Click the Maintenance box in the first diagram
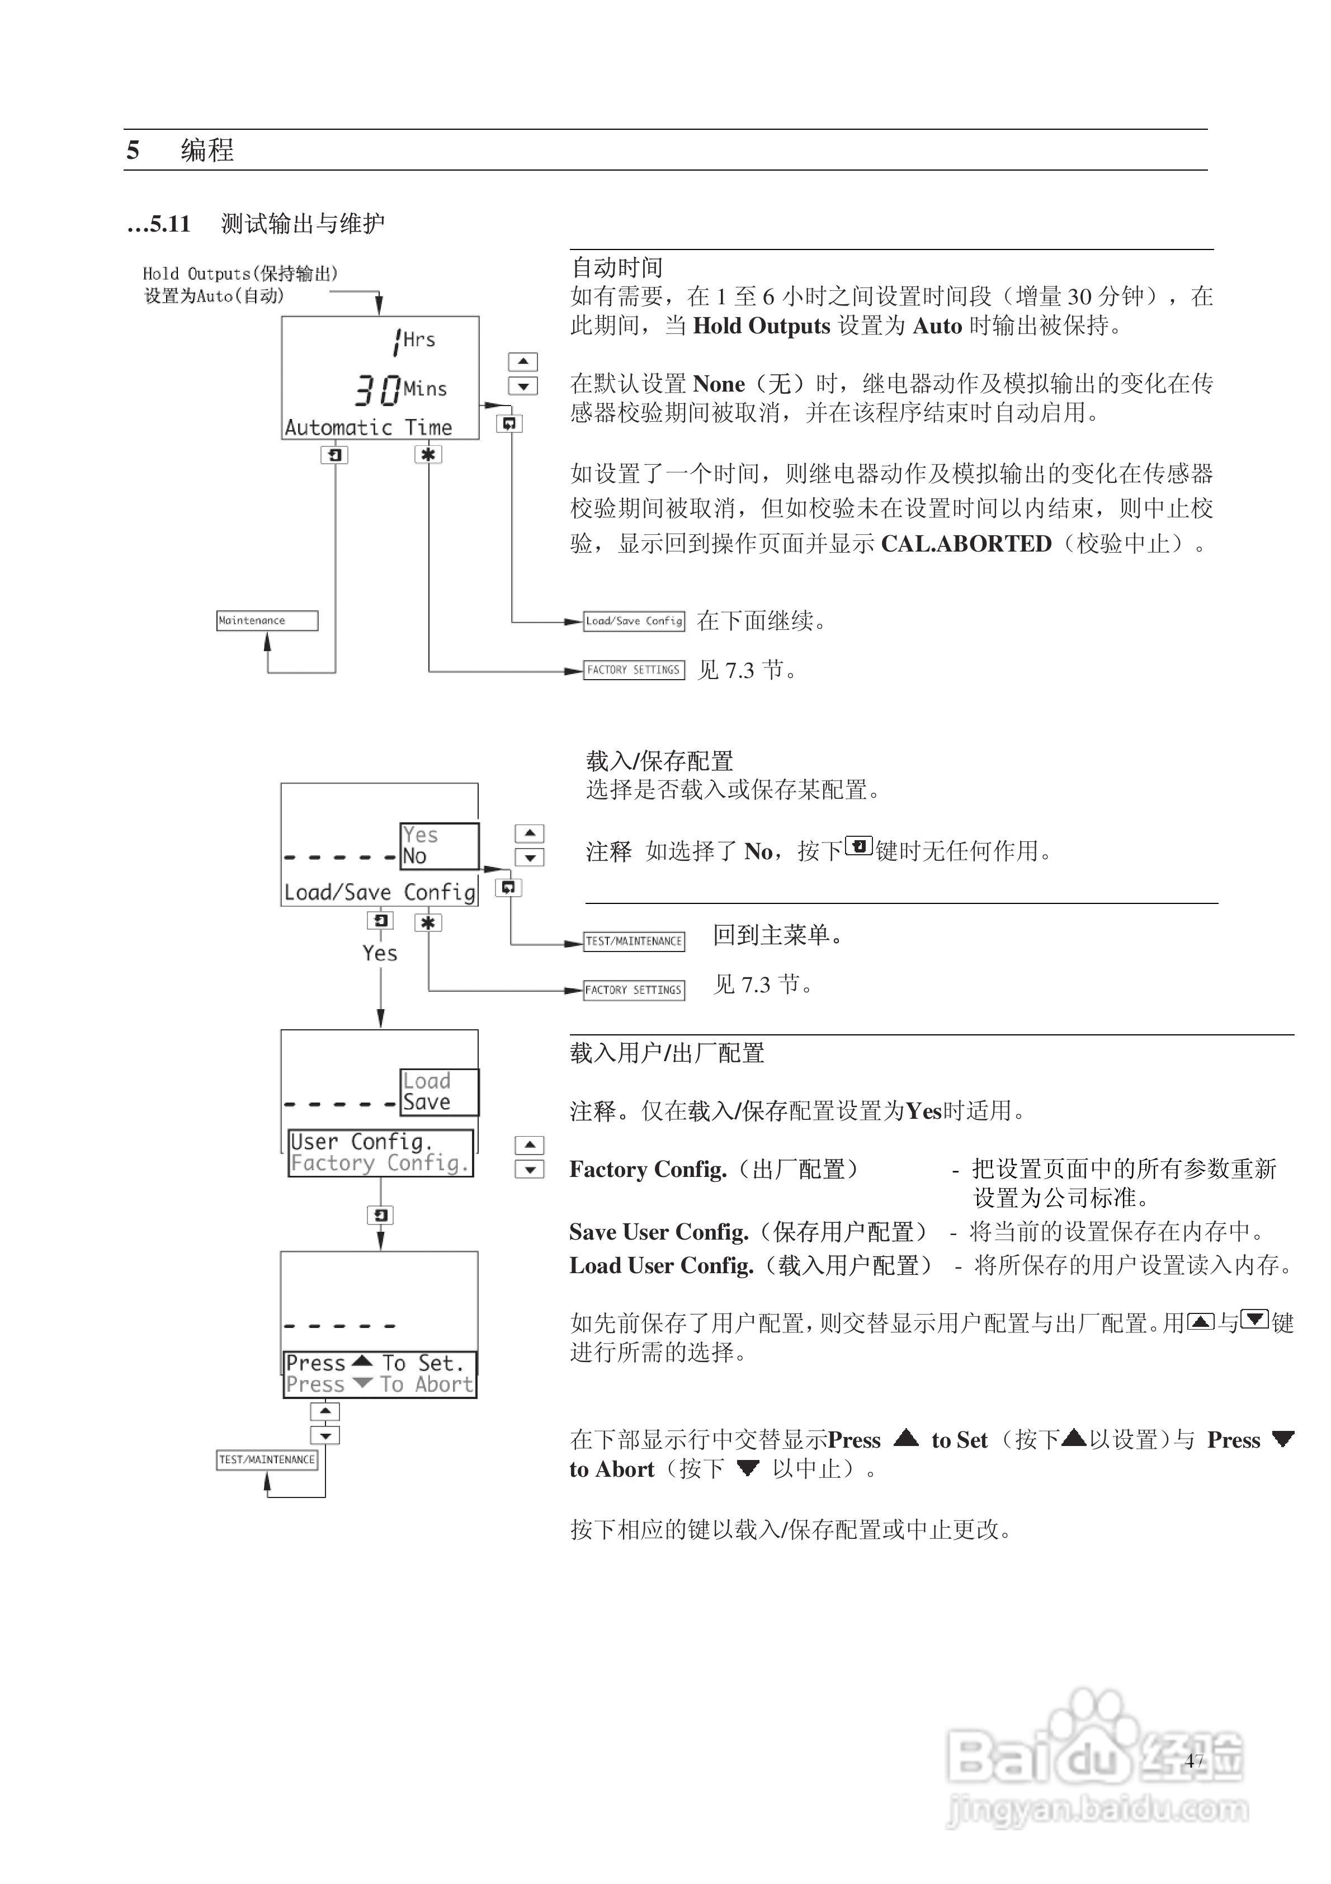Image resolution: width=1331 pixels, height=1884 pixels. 267,620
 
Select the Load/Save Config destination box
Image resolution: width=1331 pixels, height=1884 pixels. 634,621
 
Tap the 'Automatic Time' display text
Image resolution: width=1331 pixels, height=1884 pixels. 369,427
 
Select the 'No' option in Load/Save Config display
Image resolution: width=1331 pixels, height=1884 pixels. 415,856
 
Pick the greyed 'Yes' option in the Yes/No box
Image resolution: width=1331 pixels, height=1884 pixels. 420,835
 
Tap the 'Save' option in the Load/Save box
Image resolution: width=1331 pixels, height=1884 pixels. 427,1102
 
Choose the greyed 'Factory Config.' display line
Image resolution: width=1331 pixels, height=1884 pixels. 380,1163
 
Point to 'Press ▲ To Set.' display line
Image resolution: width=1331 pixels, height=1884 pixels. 376,1363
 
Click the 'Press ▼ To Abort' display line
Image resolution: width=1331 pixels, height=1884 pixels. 379,1384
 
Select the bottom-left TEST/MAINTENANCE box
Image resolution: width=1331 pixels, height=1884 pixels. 267,1460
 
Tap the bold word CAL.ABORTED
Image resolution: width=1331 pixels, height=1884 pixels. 966,544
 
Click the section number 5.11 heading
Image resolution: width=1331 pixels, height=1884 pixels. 170,224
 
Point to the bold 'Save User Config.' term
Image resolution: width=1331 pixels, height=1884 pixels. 659,1232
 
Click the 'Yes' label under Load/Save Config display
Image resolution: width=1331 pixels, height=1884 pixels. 380,954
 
